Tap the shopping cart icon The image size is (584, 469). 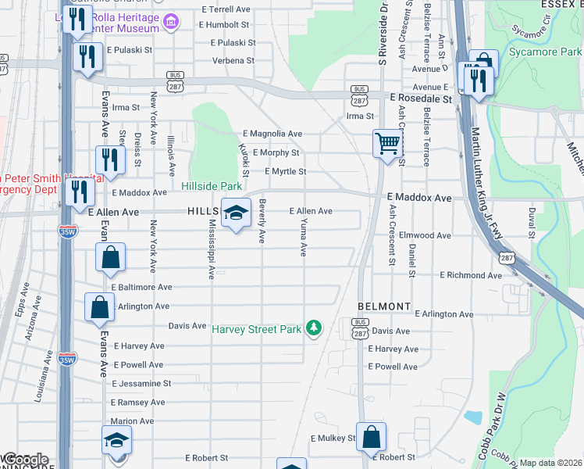coord(386,144)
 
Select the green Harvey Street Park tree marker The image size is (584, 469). coord(314,327)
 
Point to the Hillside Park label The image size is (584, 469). coord(212,186)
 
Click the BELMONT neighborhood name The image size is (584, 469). coord(384,306)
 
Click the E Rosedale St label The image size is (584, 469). coord(421,100)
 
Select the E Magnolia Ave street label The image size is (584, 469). coord(272,134)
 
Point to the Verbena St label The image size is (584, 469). coord(234,60)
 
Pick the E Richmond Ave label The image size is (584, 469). coord(471,275)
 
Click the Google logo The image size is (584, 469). coord(27,460)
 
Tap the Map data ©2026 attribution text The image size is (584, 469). coord(550,463)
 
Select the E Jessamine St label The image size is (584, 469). coord(141,384)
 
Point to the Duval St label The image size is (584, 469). coord(532,223)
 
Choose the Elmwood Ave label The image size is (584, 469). coord(426,235)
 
